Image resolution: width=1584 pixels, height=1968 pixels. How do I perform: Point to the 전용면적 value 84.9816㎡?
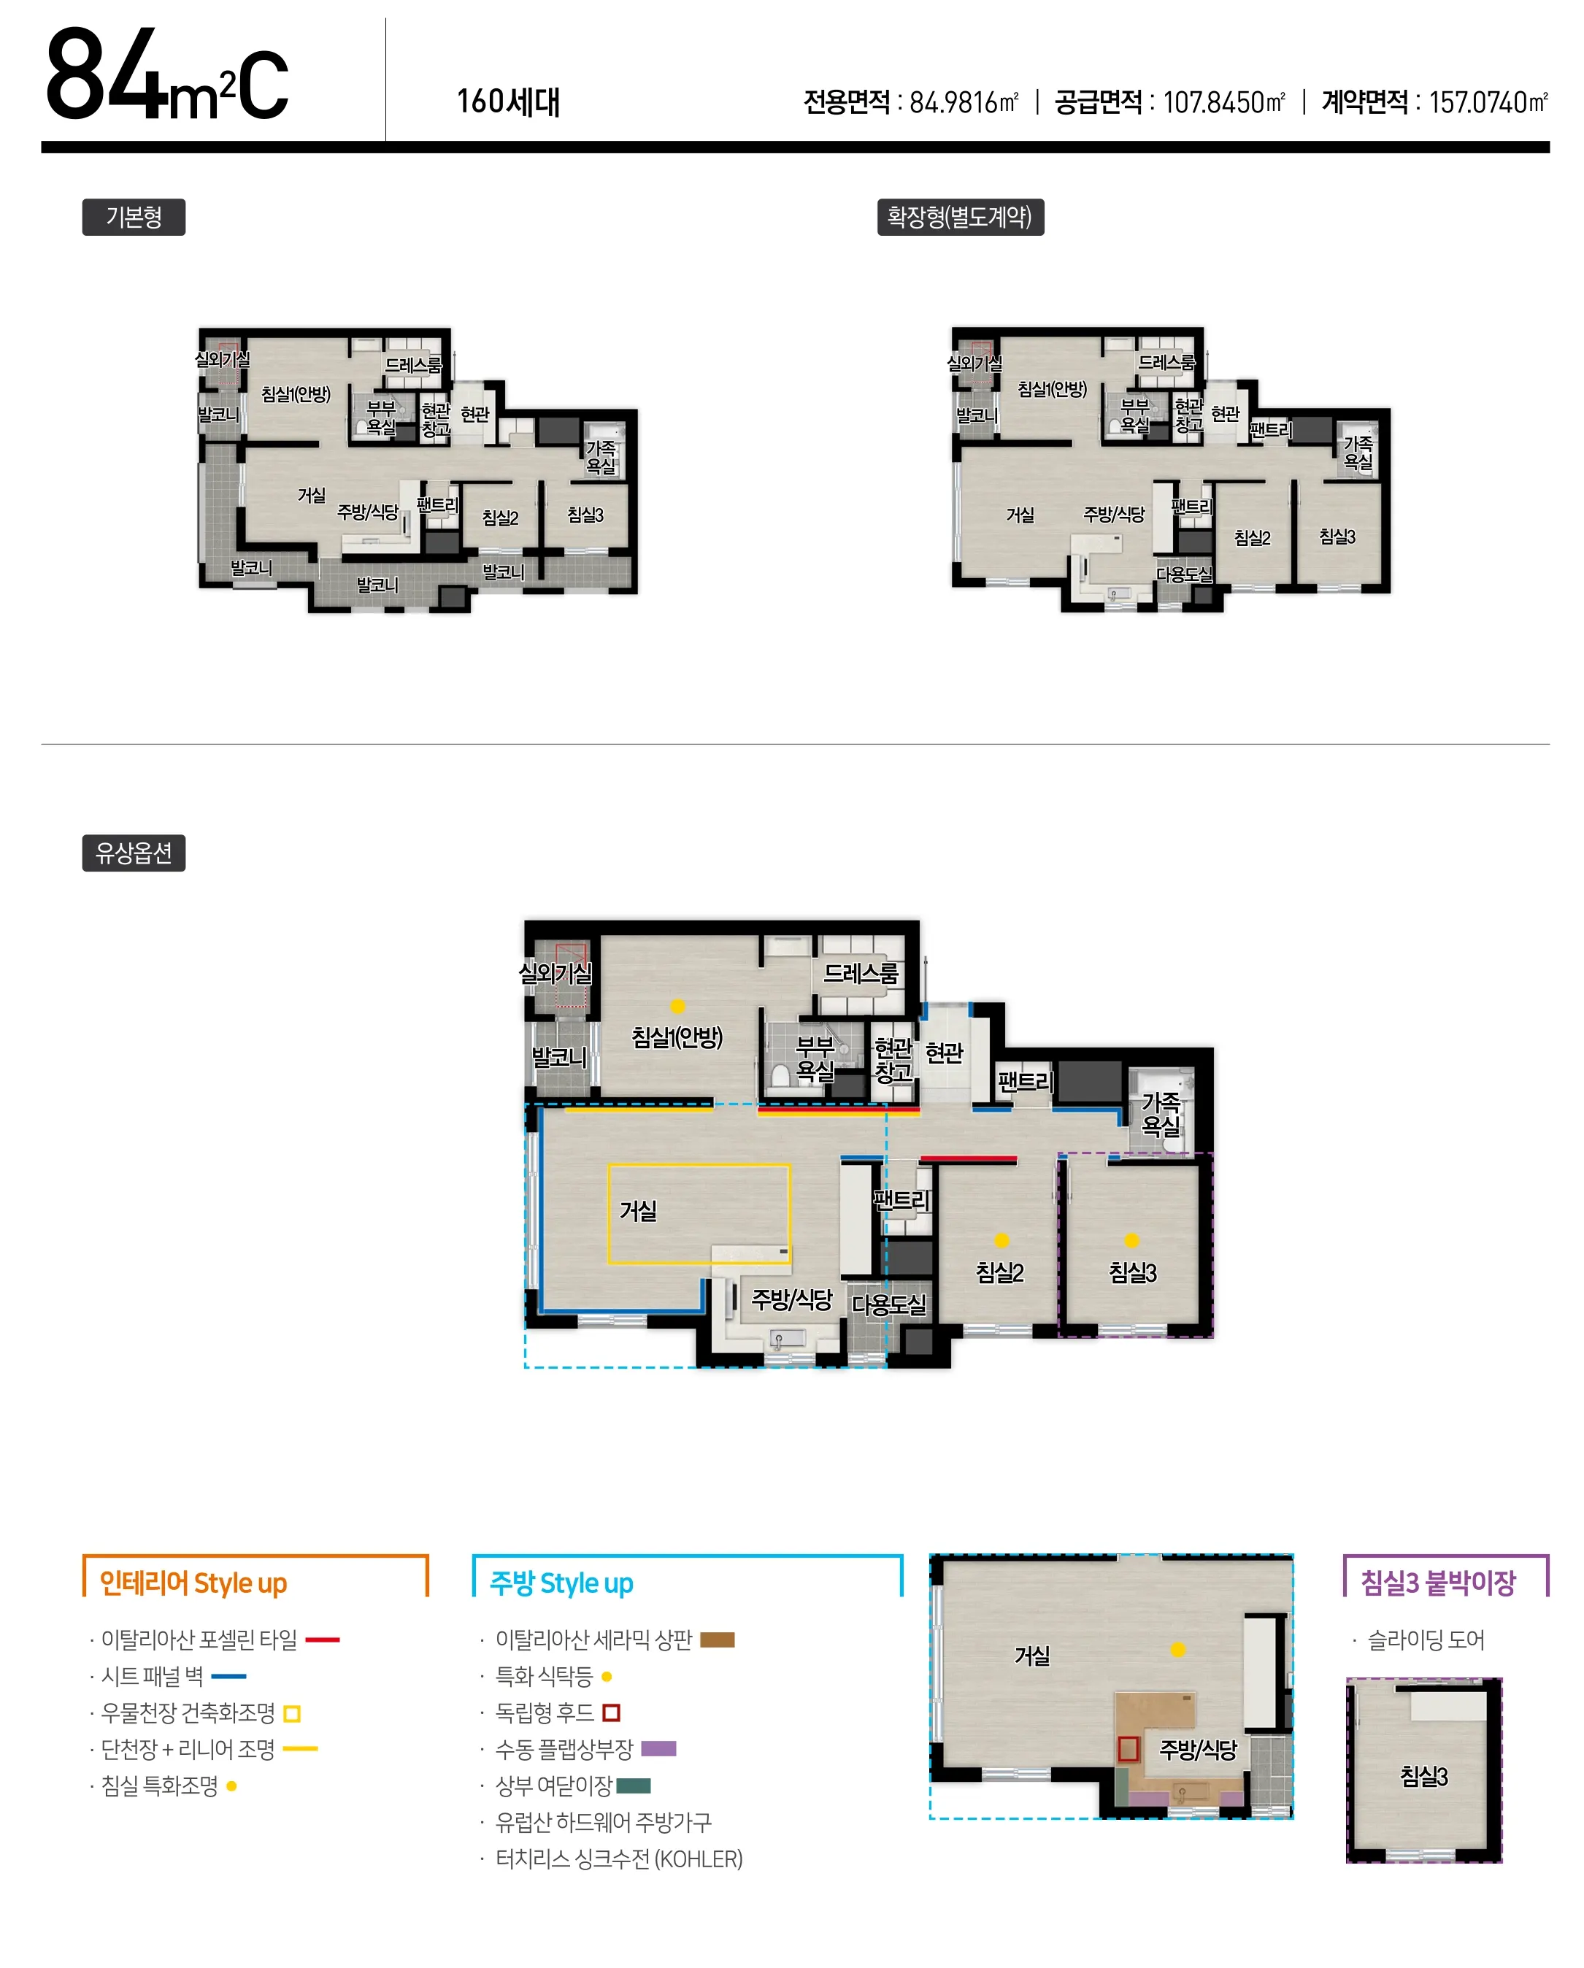[964, 101]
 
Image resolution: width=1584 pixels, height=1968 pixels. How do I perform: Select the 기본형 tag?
[134, 218]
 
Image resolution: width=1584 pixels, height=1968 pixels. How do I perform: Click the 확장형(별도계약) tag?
[960, 218]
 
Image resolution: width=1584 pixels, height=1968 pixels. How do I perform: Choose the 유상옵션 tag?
[134, 853]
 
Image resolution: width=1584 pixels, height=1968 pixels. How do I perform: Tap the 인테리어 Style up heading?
[193, 1583]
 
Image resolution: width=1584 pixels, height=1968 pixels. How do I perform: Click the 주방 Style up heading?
[561, 1583]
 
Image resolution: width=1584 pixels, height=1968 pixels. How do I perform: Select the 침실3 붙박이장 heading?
[1438, 1583]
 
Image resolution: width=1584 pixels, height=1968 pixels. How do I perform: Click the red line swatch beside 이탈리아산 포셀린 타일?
[323, 1640]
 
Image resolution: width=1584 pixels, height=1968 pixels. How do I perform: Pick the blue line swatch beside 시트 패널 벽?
[228, 1676]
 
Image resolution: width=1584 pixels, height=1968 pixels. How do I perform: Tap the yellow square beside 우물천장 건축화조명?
[292, 1713]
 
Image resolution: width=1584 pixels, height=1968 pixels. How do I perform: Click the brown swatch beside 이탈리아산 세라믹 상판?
[718, 1640]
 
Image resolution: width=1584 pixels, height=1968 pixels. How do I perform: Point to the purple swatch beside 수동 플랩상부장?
[658, 1749]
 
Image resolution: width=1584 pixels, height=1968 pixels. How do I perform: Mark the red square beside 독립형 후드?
[612, 1713]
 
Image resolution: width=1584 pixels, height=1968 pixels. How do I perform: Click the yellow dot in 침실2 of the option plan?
[1001, 1239]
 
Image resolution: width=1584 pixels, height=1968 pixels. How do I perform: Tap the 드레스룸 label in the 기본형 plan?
[412, 365]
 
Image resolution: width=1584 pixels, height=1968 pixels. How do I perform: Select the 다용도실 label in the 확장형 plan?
[1184, 574]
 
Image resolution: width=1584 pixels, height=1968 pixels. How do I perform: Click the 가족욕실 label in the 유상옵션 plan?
[1161, 1114]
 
